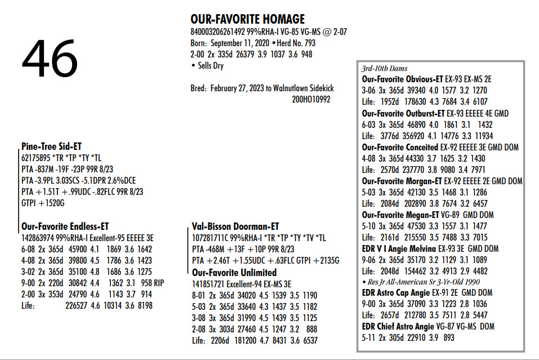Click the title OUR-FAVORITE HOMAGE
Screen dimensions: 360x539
(247, 19)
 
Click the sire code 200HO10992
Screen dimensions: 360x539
(311, 100)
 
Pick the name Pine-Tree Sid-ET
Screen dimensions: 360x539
(52, 146)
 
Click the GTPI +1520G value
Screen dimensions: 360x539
(43, 203)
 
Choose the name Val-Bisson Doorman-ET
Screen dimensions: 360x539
(235, 226)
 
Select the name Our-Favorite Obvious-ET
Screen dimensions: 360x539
(402, 79)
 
